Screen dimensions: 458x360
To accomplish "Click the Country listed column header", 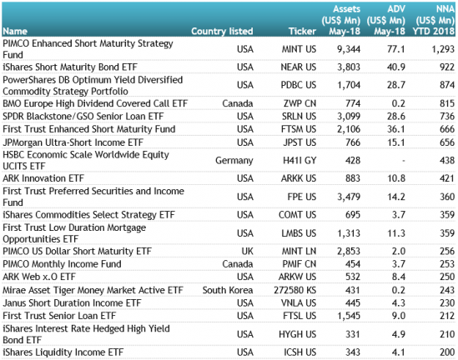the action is (222, 31).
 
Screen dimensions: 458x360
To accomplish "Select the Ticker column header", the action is (302, 31).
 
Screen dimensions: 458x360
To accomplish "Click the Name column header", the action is (15, 31).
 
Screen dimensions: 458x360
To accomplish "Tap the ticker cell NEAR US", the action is (298, 67).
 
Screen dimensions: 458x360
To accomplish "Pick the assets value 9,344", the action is (349, 49).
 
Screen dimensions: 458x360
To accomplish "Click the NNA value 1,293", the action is (443, 49).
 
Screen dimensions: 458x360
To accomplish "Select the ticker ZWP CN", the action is (299, 103).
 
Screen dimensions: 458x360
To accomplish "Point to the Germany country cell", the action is (234, 161).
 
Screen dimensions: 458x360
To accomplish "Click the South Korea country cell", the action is (228, 290).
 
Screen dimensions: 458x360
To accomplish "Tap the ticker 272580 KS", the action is (295, 290).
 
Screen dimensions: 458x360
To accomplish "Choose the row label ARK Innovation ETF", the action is (43, 178).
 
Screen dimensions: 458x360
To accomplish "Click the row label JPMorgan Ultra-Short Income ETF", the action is (73, 142).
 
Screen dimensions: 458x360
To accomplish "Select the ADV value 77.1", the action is (396, 49).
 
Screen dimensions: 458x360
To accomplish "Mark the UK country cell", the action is (247, 251).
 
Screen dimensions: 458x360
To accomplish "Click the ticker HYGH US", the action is (297, 334).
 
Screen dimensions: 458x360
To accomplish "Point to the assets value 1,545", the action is (349, 316).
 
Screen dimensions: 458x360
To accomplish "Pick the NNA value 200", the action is (447, 352).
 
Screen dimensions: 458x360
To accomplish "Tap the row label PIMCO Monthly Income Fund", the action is (62, 264).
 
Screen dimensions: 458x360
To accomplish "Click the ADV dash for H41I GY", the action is (404, 161).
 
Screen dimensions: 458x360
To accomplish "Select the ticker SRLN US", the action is (299, 117).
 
